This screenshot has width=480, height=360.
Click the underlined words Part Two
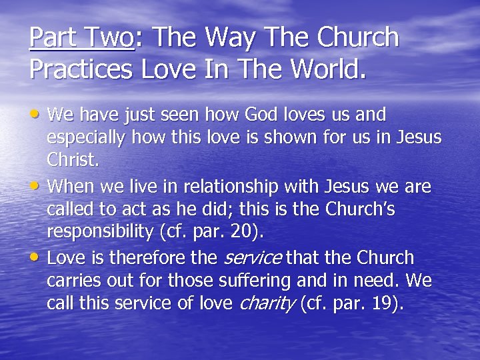81,38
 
